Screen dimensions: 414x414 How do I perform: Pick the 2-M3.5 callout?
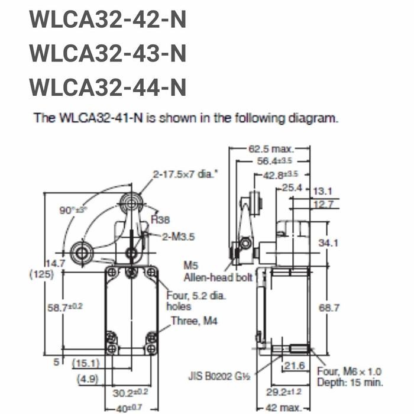pyautogui.click(x=180, y=236)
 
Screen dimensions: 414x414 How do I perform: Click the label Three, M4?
pyautogui.click(x=194, y=321)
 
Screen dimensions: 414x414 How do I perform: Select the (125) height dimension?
pyautogui.click(x=41, y=274)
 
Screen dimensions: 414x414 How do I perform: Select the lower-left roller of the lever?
pyautogui.click(x=81, y=253)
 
